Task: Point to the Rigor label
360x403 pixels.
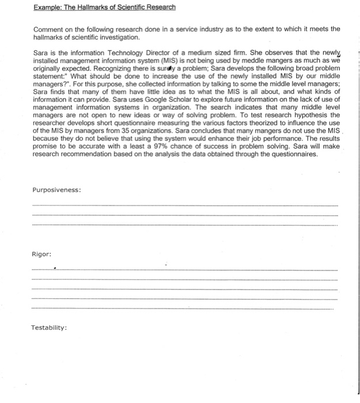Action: [41, 254]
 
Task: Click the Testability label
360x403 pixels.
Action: [49, 328]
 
